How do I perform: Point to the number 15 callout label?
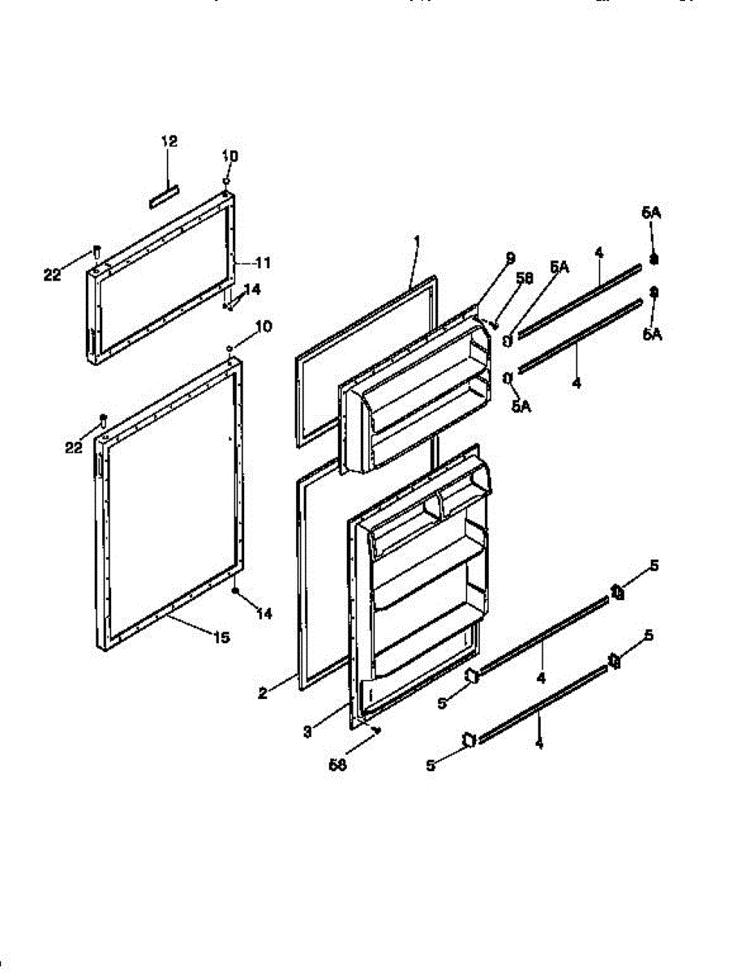pos(221,637)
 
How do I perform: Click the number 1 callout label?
pos(416,241)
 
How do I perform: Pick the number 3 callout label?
pos(307,731)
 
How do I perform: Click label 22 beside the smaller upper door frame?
pos(52,276)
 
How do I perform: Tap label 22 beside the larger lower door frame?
pos(75,446)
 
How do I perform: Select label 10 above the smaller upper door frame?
pos(230,155)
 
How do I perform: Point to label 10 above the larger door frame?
pos(264,326)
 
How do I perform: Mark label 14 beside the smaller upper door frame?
pos(252,289)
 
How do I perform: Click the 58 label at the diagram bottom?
pos(337,763)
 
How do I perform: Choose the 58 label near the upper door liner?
pos(525,278)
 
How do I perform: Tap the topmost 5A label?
pos(651,212)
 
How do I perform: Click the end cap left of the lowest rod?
pos(468,739)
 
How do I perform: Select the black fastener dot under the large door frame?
pos(235,591)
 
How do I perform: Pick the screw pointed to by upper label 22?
pos(96,250)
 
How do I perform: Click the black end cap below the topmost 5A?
pos(654,259)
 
